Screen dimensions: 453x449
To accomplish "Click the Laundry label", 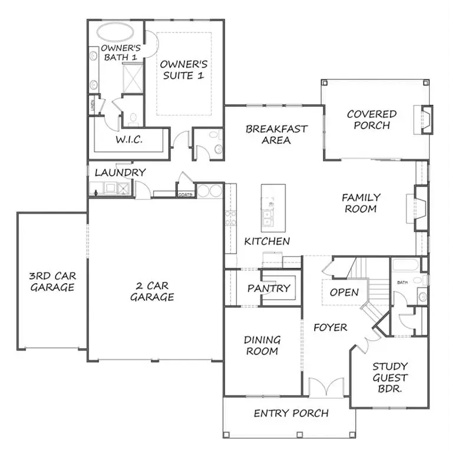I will [x=120, y=172].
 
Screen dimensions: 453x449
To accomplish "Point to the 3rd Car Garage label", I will [x=52, y=282].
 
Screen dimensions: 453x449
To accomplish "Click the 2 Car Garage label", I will [x=152, y=291].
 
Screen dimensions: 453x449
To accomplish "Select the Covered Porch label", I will [x=371, y=119].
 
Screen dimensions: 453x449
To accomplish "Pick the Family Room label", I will [x=361, y=203].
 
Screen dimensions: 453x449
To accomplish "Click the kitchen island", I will [x=273, y=208].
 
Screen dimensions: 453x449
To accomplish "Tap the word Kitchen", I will [x=267, y=241].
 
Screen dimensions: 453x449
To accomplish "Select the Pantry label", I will [x=269, y=288].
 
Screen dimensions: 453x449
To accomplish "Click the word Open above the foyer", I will [x=344, y=293].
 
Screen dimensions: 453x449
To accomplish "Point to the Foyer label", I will [x=330, y=327].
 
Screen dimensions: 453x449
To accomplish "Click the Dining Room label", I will [x=262, y=346].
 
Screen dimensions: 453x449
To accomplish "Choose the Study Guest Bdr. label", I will [x=390, y=378].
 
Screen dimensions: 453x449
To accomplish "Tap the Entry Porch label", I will [x=291, y=413].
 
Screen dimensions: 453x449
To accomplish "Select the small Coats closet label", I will [x=185, y=195].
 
